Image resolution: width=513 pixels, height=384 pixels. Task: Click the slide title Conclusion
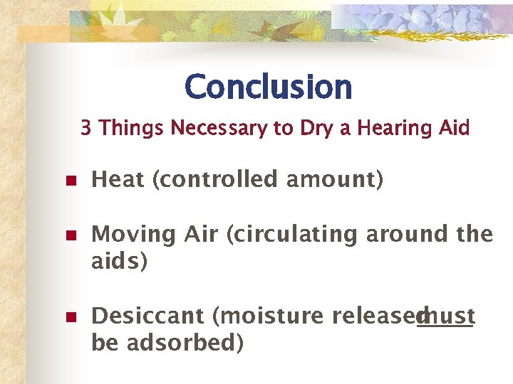[x=268, y=87]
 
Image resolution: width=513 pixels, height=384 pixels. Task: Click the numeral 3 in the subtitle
[x=85, y=128]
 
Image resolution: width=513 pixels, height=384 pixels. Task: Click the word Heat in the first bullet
[x=118, y=180]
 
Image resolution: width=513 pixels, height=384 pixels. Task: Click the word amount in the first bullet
[x=333, y=180]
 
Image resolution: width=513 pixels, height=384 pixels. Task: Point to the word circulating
[x=293, y=234]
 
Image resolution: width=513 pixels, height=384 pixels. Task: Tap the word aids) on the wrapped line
[x=120, y=261]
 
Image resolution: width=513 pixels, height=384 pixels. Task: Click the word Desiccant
[x=149, y=316]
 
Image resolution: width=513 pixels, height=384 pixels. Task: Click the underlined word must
[x=447, y=316]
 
